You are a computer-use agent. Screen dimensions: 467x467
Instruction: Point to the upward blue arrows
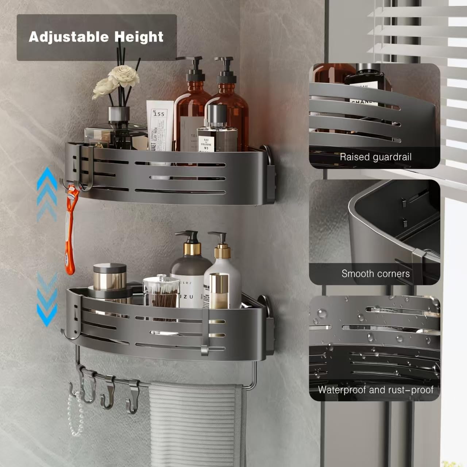point(47,193)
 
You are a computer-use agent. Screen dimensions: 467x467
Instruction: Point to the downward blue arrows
point(47,299)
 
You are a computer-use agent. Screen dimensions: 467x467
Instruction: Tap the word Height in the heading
point(139,37)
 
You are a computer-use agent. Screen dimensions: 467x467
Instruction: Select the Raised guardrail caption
point(375,157)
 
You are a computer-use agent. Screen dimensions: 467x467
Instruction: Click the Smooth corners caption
point(375,274)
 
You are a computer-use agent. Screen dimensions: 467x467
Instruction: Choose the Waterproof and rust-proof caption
point(375,390)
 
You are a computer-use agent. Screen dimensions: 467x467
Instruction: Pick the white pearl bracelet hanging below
point(75,412)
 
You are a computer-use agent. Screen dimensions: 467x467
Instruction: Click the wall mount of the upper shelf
point(269,175)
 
